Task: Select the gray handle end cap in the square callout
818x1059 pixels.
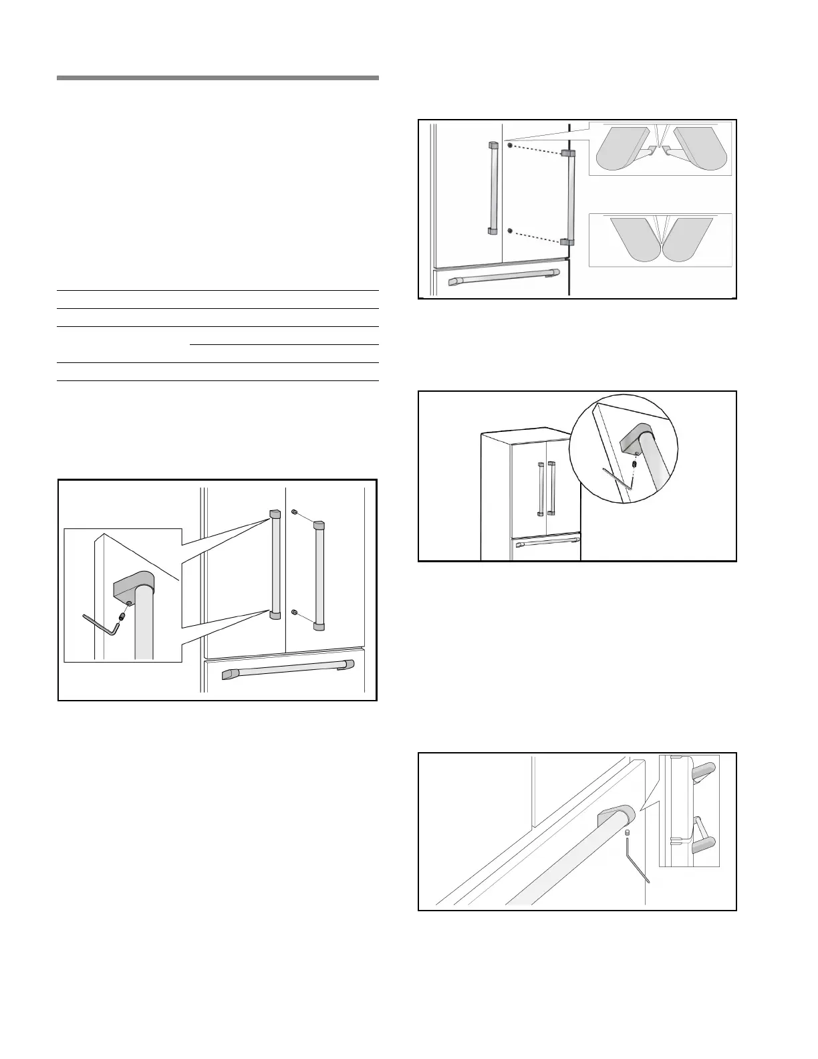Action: click(x=134, y=586)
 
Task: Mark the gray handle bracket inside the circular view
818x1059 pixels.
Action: click(x=637, y=437)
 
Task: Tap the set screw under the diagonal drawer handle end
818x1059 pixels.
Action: click(x=628, y=833)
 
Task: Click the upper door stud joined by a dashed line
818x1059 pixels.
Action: click(x=511, y=145)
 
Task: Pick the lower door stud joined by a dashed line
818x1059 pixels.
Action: click(x=511, y=231)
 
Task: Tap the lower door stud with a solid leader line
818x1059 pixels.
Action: click(x=294, y=612)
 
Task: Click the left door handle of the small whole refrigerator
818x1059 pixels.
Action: click(x=540, y=489)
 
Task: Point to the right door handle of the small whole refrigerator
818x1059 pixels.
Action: click(x=551, y=489)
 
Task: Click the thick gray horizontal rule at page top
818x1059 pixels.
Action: click(x=218, y=78)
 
